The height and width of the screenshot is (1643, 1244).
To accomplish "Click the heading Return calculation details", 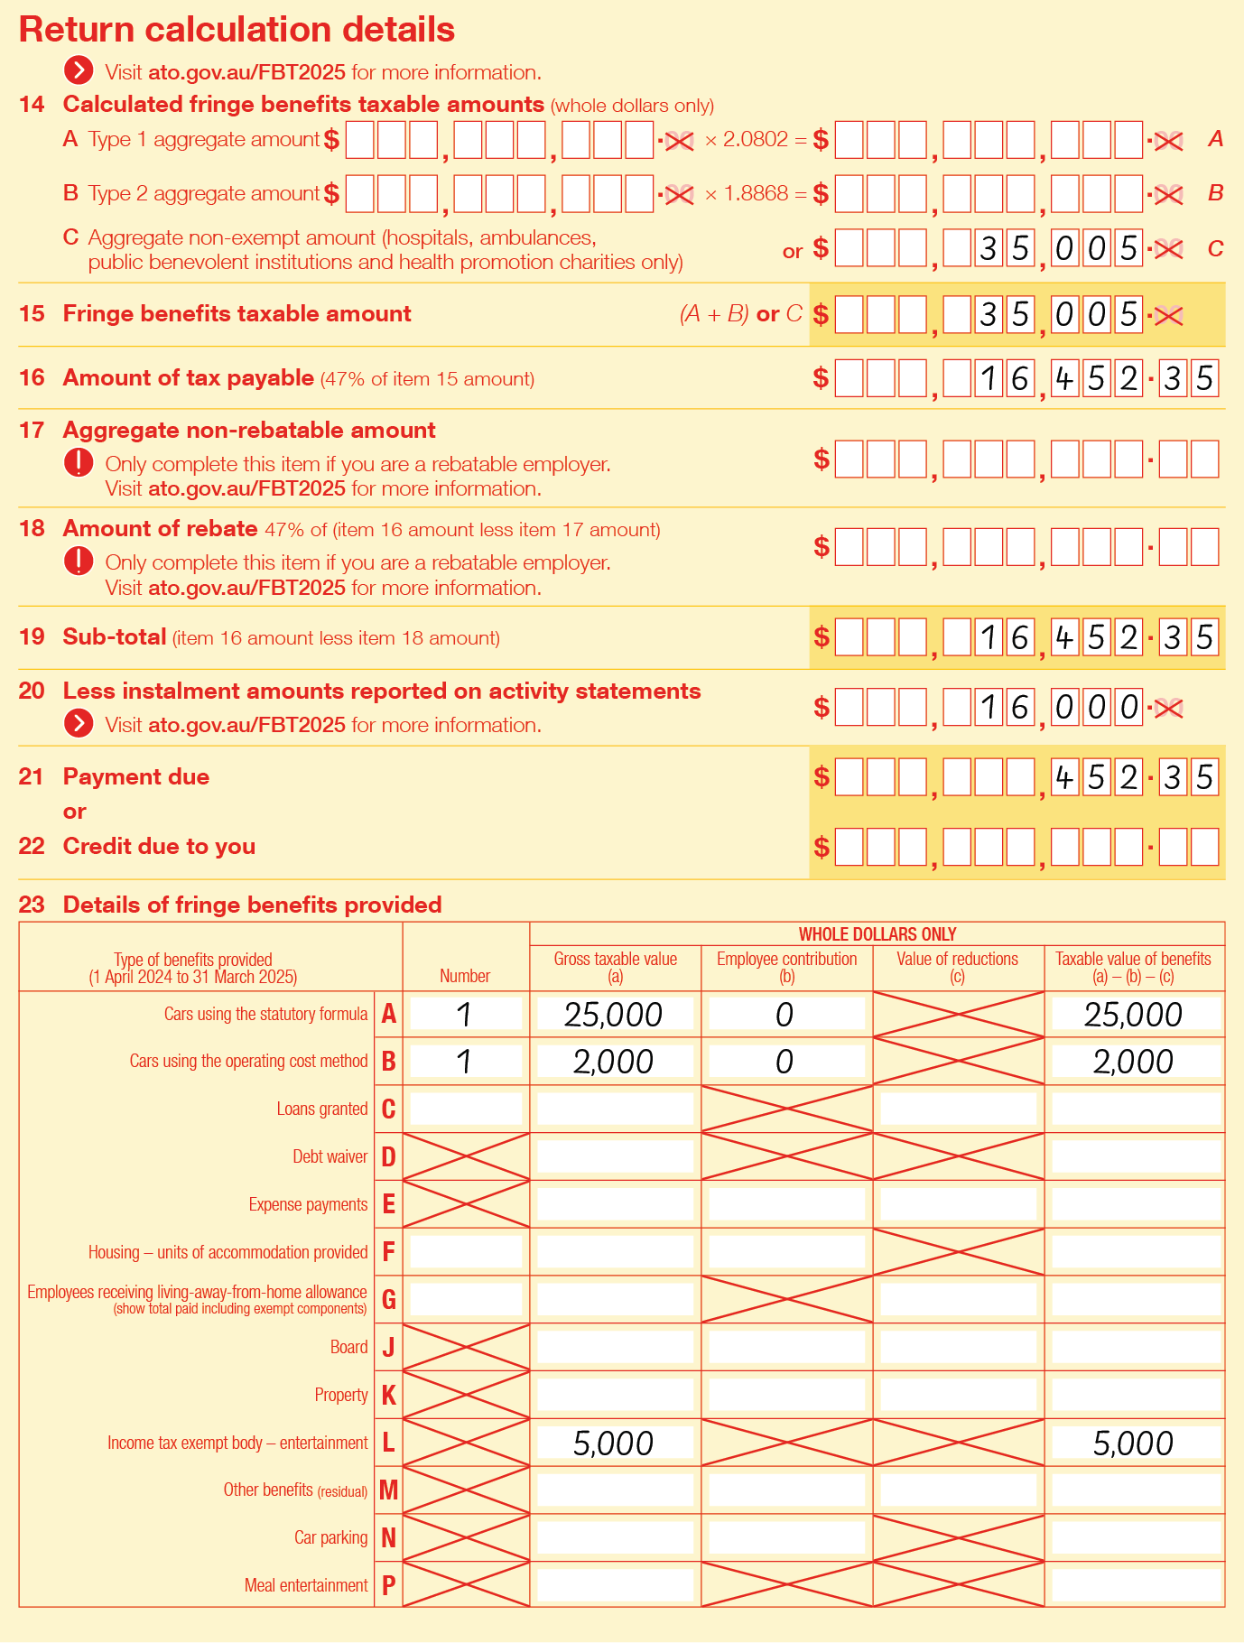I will [237, 30].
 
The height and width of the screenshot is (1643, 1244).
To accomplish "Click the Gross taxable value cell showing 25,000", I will [614, 1015].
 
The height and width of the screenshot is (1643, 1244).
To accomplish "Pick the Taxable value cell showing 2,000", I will [1133, 1062].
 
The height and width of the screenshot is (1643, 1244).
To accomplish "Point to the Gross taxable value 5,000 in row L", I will [614, 1443].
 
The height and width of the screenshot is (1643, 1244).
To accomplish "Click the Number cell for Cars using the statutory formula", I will [465, 1015].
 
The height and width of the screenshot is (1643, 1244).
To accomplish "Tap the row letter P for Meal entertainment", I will [388, 1585].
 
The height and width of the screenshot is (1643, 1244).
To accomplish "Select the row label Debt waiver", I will [330, 1157].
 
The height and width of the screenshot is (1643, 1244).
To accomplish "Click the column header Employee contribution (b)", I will [786, 967].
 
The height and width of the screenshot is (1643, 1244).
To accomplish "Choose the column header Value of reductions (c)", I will [957, 967].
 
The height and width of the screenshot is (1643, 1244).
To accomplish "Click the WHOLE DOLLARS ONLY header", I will [877, 934].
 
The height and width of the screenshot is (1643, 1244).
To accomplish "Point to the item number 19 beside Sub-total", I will [32, 637].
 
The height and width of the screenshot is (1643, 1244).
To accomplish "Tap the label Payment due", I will [135, 777].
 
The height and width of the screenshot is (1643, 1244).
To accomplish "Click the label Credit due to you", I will [159, 847].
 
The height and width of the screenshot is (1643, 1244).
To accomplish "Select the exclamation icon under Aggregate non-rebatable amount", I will [79, 463].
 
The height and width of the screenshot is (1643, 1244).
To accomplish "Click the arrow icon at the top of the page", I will [79, 71].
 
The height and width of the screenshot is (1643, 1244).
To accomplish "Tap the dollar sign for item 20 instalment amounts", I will [821, 707].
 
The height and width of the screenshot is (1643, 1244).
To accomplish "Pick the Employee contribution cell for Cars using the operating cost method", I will [784, 1062].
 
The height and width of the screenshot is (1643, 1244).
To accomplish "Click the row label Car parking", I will [330, 1537].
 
